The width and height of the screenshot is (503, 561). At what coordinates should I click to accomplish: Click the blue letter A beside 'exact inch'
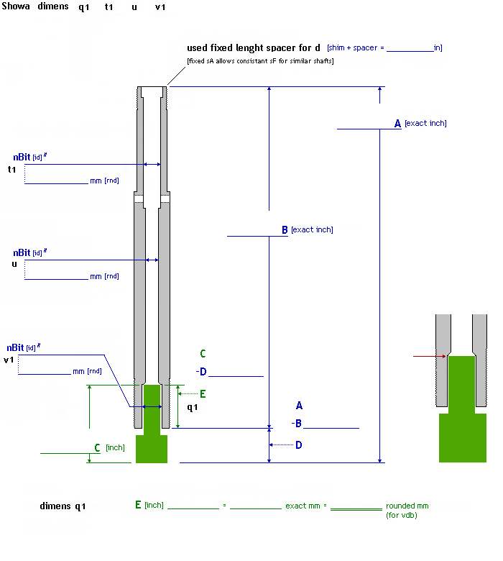click(397, 124)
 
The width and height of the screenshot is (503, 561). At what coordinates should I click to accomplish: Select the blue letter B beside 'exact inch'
click(285, 230)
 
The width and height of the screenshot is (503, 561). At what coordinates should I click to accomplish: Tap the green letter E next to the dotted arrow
click(203, 394)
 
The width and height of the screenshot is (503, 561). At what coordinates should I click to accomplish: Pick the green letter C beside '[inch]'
click(97, 447)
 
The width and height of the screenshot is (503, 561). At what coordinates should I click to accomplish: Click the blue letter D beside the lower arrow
click(298, 445)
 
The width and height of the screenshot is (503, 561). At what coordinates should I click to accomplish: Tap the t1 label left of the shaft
click(11, 170)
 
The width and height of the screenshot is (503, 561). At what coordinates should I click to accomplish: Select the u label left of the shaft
click(14, 264)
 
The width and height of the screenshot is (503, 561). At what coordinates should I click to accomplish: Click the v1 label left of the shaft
click(9, 360)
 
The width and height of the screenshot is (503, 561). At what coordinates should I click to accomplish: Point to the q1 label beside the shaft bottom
click(192, 408)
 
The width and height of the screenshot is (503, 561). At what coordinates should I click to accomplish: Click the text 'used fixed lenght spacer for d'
click(254, 48)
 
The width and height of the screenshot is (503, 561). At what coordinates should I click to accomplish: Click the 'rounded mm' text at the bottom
click(407, 506)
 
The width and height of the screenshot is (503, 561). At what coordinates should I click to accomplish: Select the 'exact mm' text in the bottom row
click(306, 506)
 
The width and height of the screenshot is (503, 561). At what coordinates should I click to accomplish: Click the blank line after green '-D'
click(236, 375)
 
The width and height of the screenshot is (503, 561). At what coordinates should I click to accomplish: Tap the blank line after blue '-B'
click(331, 427)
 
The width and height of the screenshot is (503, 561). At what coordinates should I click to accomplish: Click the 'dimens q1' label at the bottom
click(63, 506)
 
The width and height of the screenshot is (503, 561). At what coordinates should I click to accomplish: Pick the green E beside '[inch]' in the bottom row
click(138, 505)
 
